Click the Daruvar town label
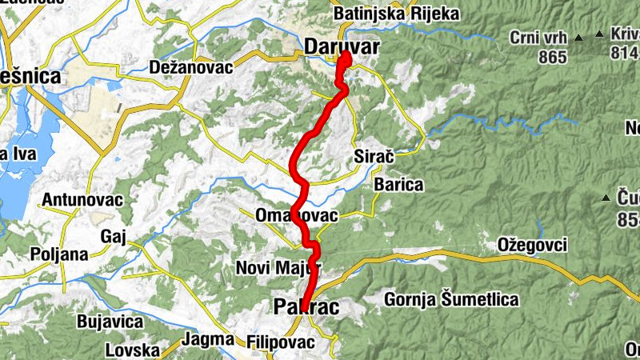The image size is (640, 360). [342, 47]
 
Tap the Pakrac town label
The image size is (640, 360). [306, 306]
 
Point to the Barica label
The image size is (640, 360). [398, 185]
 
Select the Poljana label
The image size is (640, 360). [57, 254]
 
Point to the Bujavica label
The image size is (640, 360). [110, 322]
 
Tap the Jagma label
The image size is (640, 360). [207, 338]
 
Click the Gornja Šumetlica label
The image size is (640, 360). [451, 300]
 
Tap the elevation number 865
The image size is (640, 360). [553, 57]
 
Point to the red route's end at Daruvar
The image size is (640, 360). [346, 57]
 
